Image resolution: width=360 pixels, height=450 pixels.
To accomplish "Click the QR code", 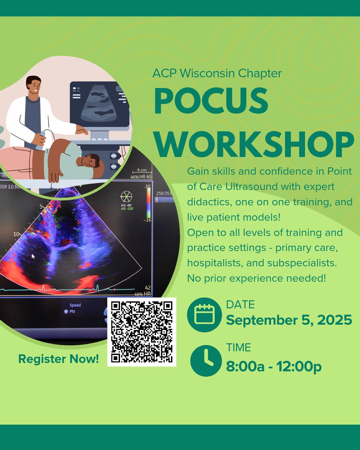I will tap(142, 331).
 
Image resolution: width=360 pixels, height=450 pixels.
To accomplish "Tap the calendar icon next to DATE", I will tap(204, 315).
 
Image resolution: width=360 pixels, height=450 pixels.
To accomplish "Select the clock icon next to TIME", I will tap(206, 361).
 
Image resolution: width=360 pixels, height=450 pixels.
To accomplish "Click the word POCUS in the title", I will tap(211, 102).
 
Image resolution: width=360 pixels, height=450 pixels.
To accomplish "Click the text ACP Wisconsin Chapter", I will tap(217, 73).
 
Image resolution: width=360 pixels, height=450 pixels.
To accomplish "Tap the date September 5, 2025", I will tap(289, 320).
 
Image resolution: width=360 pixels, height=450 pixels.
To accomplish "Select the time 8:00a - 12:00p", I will tap(274, 366).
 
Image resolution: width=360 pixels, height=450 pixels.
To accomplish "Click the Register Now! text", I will tap(58, 359).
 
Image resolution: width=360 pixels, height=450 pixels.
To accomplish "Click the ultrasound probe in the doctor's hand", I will tap(40, 141).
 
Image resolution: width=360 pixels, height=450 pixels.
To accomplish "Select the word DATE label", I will tap(240, 304).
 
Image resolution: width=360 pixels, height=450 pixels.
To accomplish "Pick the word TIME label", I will tap(238, 348).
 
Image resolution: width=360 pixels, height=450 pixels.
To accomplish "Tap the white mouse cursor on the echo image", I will tap(33, 256).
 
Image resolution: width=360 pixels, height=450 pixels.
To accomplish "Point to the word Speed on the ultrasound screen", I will tap(75, 305).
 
